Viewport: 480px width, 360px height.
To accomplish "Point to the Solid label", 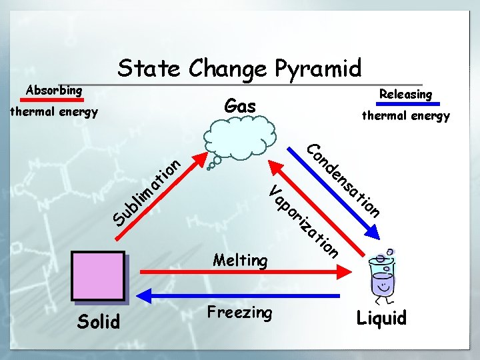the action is (99, 321).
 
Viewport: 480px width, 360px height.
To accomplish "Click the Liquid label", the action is (381, 318).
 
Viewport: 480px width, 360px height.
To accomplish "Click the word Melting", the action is (240, 260).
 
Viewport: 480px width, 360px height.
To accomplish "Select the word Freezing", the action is (239, 312).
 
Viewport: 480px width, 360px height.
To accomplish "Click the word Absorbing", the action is (54, 89).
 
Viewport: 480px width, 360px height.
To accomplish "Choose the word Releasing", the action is (405, 94).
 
